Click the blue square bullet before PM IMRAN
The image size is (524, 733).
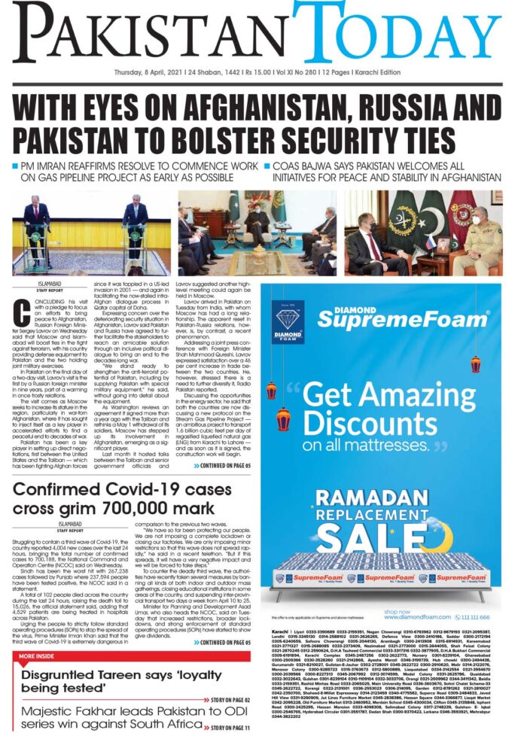(16, 164)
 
